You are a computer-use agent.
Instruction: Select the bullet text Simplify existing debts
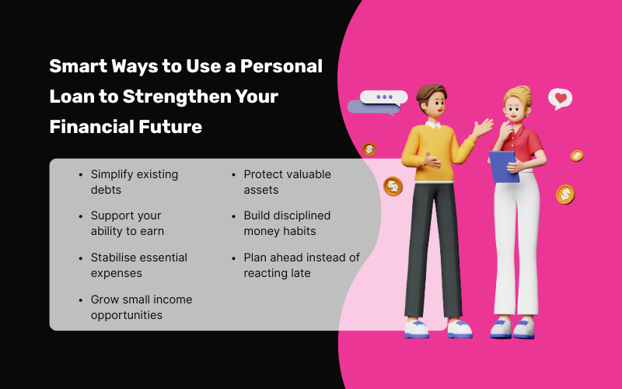click(134, 182)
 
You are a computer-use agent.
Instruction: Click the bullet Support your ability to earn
click(127, 223)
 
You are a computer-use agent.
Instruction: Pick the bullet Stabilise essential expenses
click(138, 265)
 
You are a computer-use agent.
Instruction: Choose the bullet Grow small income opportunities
click(141, 307)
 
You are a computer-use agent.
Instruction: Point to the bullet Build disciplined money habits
click(286, 223)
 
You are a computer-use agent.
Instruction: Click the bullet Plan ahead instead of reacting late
click(301, 265)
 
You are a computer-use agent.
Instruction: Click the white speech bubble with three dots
click(384, 97)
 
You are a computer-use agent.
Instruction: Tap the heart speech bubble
click(560, 99)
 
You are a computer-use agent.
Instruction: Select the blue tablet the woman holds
click(504, 166)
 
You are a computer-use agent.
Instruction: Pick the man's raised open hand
click(484, 126)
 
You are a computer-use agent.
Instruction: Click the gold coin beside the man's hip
click(393, 186)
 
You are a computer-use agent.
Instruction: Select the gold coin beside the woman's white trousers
click(565, 194)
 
